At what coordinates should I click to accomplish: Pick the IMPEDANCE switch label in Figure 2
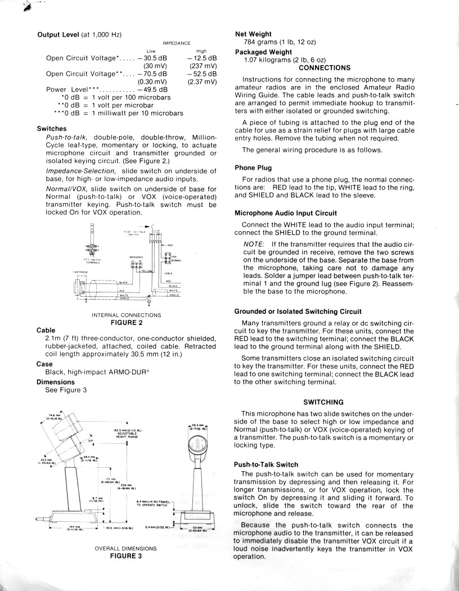click(x=137, y=257)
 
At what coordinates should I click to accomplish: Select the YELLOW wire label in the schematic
click(x=147, y=271)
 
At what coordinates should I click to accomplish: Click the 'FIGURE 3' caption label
click(x=126, y=556)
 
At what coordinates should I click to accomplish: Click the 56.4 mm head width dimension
click(x=197, y=427)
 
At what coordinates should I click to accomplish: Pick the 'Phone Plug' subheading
click(x=253, y=168)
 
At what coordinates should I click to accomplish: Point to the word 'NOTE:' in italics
click(x=254, y=244)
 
